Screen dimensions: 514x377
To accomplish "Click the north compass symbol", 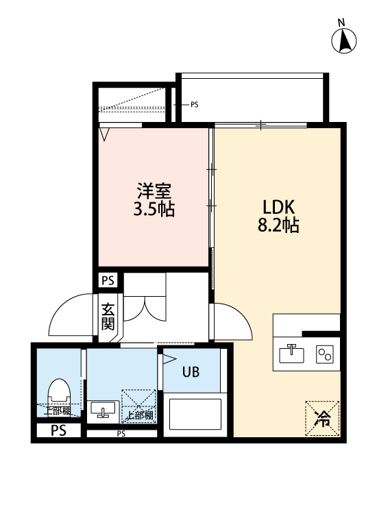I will click(x=345, y=42).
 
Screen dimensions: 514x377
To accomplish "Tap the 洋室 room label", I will click(x=154, y=190).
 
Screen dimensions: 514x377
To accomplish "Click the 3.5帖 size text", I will click(x=154, y=208).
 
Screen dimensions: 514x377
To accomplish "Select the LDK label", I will click(x=278, y=206).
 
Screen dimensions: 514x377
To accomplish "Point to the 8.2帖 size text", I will click(x=278, y=225).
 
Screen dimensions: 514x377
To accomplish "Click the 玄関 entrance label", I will click(x=108, y=316).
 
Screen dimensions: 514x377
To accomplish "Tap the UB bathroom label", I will click(x=191, y=372).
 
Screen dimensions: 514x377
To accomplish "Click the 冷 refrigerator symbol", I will click(x=321, y=418).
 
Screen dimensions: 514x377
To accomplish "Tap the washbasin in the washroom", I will click(x=104, y=409).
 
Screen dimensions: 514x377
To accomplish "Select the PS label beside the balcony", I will click(x=194, y=105).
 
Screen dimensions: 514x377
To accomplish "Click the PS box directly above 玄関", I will click(x=108, y=280).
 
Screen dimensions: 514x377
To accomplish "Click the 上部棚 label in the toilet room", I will click(x=58, y=411).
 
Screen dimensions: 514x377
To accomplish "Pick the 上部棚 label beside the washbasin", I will click(x=140, y=415).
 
